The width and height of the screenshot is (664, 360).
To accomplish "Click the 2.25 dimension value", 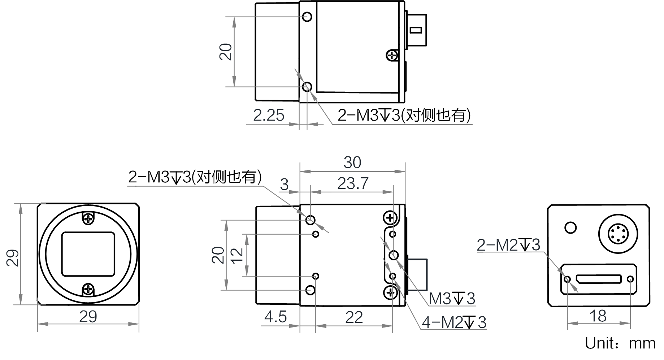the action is [x=269, y=115].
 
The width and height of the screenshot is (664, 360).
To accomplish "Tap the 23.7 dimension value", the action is [x=353, y=183].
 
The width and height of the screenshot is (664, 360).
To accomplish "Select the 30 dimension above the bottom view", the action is [x=352, y=162].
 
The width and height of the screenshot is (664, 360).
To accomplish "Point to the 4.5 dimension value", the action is [x=275, y=317].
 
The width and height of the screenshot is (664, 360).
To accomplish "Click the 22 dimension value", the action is [x=354, y=317].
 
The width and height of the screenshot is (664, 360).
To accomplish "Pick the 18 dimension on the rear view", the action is [x=598, y=316].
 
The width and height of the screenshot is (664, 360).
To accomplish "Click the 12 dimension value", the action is [x=237, y=256].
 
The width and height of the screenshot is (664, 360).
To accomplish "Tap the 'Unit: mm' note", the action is [x=620, y=343].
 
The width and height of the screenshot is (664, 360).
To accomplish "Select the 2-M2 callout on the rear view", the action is [x=508, y=245].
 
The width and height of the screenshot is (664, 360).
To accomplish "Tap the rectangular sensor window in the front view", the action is [x=88, y=254].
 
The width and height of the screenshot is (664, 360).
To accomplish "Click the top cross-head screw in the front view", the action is [x=88, y=218].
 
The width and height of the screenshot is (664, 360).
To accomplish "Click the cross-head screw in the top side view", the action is [x=392, y=55].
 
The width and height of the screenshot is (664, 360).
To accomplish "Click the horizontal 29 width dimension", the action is [x=88, y=317].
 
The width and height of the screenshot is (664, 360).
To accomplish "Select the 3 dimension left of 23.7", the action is [x=285, y=185].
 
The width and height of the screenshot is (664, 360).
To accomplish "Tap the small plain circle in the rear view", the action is [x=570, y=227].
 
